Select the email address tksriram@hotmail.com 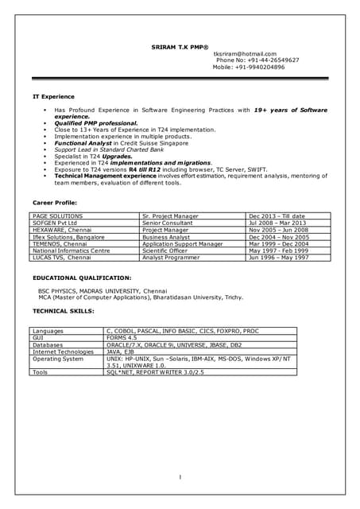click(244, 53)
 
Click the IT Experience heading click(53, 96)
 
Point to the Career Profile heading click(56, 203)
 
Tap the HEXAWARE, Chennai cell click(61, 230)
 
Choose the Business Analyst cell click(166, 237)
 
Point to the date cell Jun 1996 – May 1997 click(279, 258)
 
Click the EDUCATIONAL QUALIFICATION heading click(82, 278)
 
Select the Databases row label click(48, 344)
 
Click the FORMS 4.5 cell click(122, 338)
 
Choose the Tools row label click(41, 371)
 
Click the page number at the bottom click(180, 477)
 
